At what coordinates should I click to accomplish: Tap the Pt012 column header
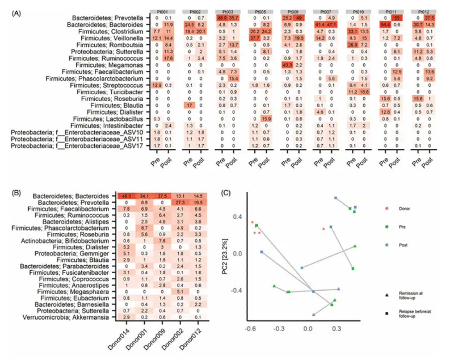tap(427, 12)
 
